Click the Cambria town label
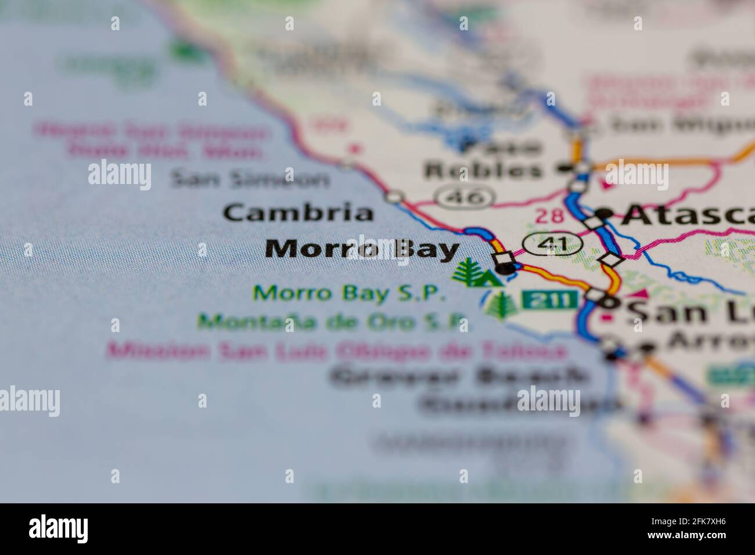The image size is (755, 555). coord(299,213)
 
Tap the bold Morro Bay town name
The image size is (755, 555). coord(362,250)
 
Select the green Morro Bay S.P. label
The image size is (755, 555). coord(350,293)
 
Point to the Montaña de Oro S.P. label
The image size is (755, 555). coord(335,321)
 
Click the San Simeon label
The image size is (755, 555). coord(250,180)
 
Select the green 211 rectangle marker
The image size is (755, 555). coord(549,300)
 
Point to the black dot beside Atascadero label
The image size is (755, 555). coord(606,214)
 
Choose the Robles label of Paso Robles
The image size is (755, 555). coord(483,170)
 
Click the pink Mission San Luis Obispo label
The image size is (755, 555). coord(337,351)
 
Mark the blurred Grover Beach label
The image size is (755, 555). coord(459,377)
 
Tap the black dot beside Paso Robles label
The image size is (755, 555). coord(562,169)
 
